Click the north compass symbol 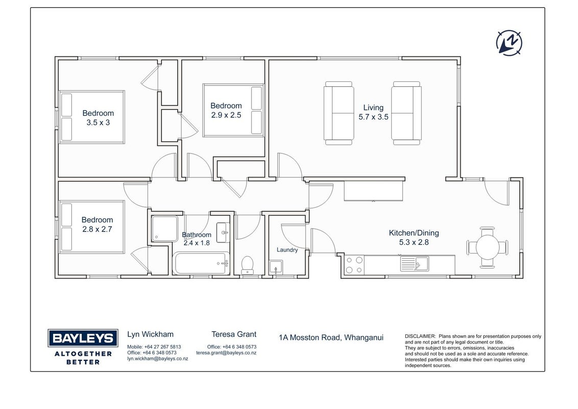tap(509, 43)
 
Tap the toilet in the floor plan tap(247, 265)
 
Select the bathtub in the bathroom tap(201, 263)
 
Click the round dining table tap(487, 247)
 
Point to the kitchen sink tap(415, 264)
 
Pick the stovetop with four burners tap(354, 265)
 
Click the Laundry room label tap(287, 250)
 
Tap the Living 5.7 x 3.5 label tap(373, 112)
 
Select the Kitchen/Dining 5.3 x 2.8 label tap(414, 237)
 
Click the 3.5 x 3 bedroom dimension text tap(98, 123)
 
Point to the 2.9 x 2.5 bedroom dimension tap(226, 115)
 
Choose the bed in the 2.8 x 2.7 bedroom tap(92, 226)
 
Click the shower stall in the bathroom tap(165, 229)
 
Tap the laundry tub tap(276, 267)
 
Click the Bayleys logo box tap(83, 338)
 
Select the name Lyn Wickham tap(151, 334)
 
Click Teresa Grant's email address tap(226, 353)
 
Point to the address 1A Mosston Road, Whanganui tap(331, 337)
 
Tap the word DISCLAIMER tap(420, 336)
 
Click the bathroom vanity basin tap(223, 233)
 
